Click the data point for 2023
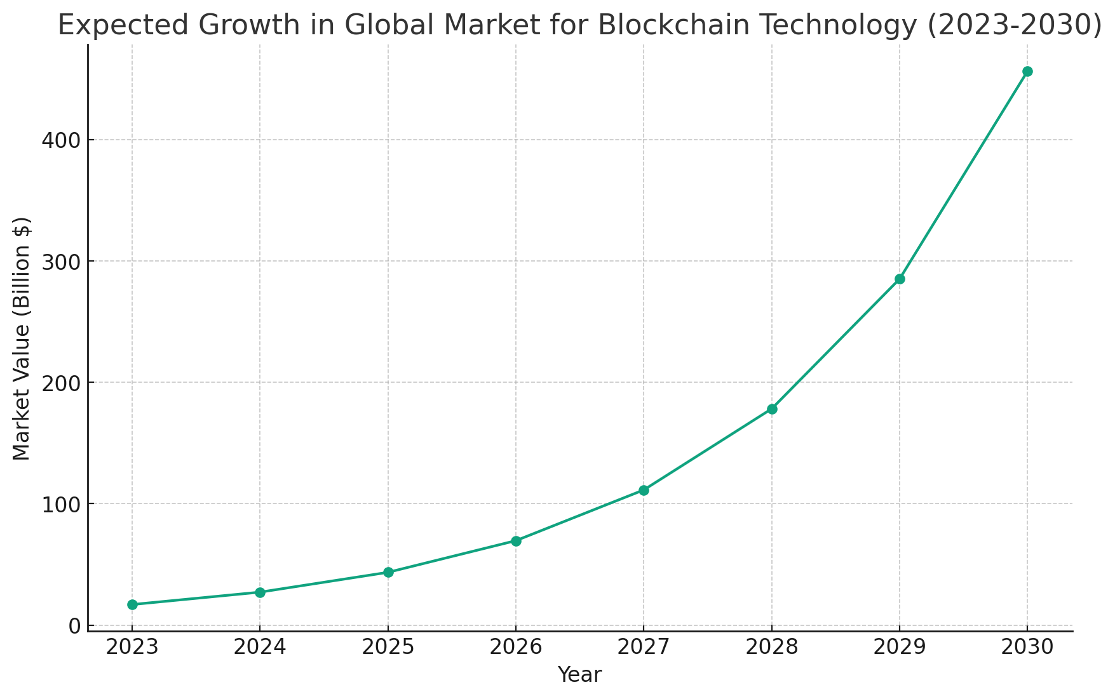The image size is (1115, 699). (132, 604)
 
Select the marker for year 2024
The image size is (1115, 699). (260, 592)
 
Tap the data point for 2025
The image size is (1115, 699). (388, 572)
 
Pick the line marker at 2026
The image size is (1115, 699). (516, 541)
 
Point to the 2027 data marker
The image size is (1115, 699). (644, 490)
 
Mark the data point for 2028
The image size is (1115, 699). (772, 409)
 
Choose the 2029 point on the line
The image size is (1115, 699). (900, 279)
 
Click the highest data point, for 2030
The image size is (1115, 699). (1027, 71)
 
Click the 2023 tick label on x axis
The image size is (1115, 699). (132, 648)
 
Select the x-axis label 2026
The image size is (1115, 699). (516, 648)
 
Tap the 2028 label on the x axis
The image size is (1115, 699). (772, 648)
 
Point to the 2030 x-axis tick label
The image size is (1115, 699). (1027, 648)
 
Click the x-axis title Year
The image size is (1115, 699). (579, 675)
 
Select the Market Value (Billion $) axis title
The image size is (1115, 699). (22, 338)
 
